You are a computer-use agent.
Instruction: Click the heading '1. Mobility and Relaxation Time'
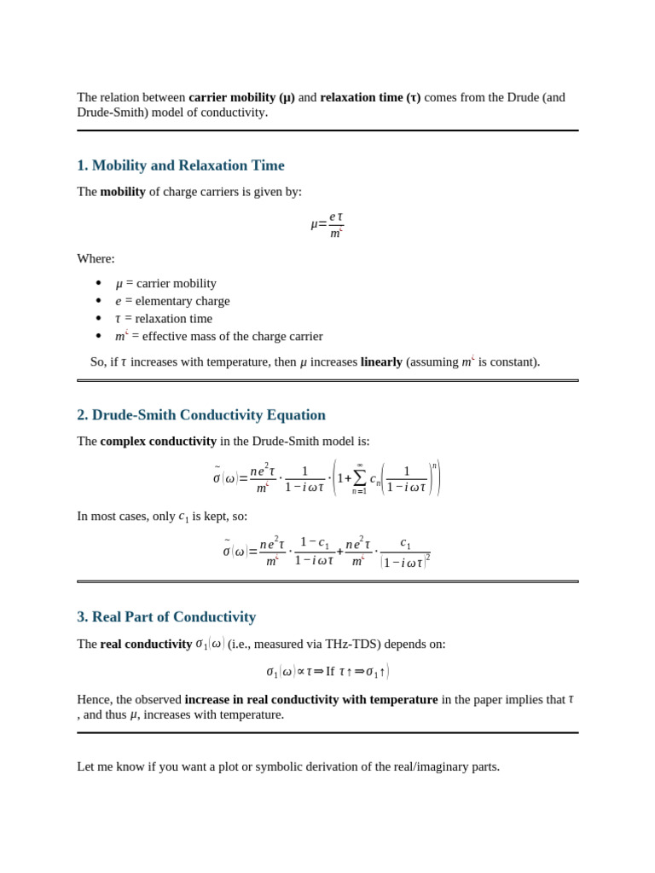(x=181, y=165)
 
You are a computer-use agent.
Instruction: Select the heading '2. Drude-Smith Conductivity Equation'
(x=201, y=415)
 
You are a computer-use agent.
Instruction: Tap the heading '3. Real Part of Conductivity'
(x=166, y=617)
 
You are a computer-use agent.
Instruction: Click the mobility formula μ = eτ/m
(x=327, y=224)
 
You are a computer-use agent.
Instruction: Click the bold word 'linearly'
(x=381, y=361)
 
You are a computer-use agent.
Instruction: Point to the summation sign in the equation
(x=359, y=479)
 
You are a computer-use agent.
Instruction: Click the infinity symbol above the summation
(x=359, y=465)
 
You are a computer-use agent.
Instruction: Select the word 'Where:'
(x=96, y=258)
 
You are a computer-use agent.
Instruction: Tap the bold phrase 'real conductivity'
(x=146, y=645)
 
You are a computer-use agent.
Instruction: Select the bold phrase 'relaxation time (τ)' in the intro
(x=370, y=97)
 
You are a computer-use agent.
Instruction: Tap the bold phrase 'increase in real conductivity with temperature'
(x=311, y=700)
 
